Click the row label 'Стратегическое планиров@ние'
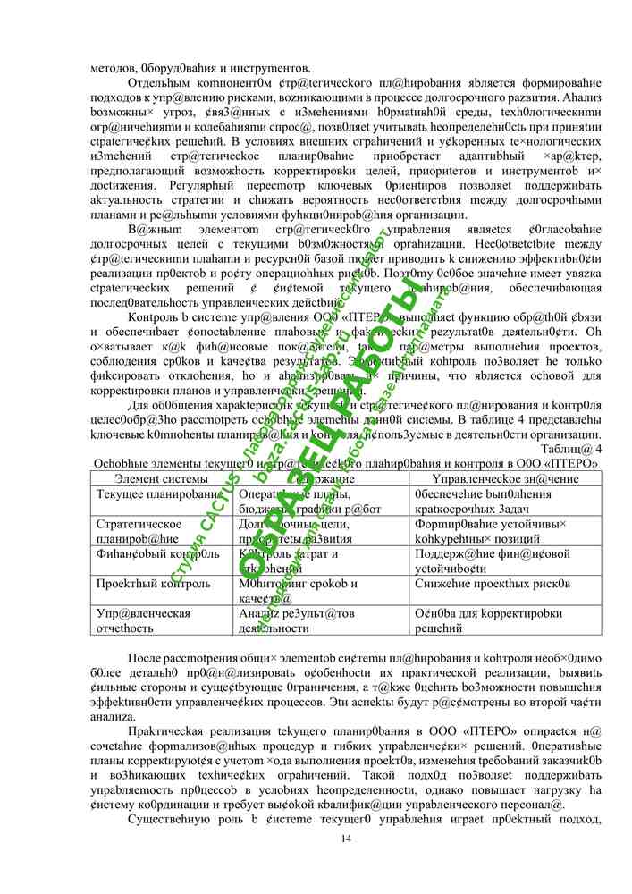pyautogui.click(x=139, y=531)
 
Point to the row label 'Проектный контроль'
pyautogui.click(x=154, y=584)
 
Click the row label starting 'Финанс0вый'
pyautogui.click(x=156, y=553)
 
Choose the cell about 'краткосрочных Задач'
pyautogui.click(x=465, y=509)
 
